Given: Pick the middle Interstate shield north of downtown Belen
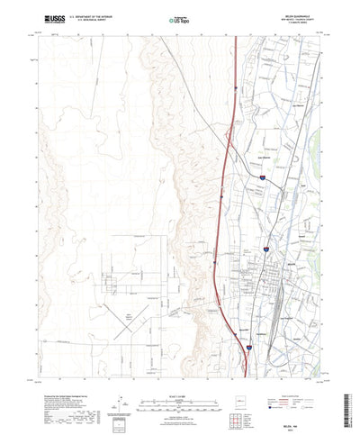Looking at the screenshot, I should (262, 179).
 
